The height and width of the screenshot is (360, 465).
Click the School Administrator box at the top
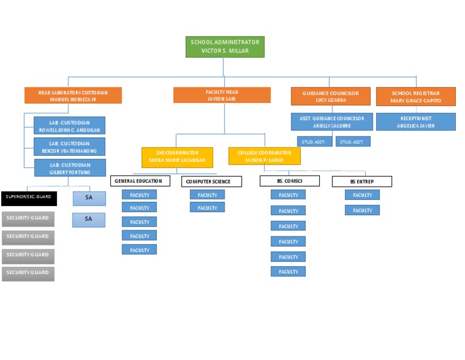coord(225,47)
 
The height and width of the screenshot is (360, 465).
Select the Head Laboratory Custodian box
coord(73,96)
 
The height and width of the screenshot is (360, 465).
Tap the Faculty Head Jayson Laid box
coord(222,95)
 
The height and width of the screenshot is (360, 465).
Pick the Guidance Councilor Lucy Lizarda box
coord(331,97)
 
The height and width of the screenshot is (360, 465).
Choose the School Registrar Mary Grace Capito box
coord(415,97)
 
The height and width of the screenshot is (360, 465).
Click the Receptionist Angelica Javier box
coord(415,122)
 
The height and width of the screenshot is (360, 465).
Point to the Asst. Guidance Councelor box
coord(331,122)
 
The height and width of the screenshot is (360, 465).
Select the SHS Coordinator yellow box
coord(177,156)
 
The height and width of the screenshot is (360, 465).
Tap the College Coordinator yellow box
coord(264,156)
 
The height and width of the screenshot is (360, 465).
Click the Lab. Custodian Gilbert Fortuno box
coord(70,168)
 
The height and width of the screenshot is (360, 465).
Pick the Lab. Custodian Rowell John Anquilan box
coord(70,125)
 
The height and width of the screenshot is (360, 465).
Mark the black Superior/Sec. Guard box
coord(29,198)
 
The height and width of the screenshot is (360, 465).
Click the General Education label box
coord(140,181)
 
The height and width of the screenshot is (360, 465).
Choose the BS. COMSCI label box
coord(289,181)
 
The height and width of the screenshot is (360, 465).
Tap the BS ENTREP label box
coord(361,181)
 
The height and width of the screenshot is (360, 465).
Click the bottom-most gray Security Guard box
coord(28,273)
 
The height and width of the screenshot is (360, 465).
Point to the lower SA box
coord(88,219)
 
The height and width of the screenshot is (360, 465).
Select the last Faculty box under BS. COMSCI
coord(288,272)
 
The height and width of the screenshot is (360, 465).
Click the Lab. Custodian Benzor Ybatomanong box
coord(70,147)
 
